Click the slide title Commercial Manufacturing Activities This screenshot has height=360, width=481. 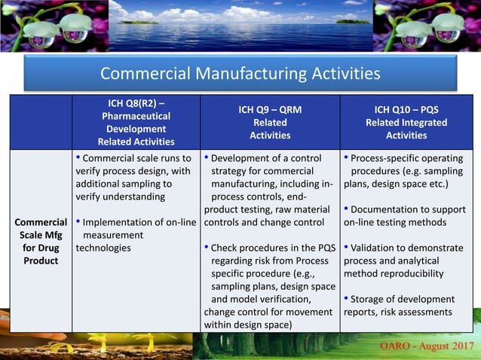[240, 74]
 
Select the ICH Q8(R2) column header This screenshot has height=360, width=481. [136, 122]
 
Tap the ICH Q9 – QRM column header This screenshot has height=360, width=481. [270, 122]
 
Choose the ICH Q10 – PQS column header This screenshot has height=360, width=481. [406, 122]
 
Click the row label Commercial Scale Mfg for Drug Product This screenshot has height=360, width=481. [41, 241]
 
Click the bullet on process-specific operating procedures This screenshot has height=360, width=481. [406, 171]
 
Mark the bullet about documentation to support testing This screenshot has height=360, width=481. [406, 215]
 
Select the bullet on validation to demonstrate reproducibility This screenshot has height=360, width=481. [406, 261]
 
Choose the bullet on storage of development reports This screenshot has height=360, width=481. [406, 305]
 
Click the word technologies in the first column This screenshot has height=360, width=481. [104, 248]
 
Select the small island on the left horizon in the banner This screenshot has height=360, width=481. [138, 22]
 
